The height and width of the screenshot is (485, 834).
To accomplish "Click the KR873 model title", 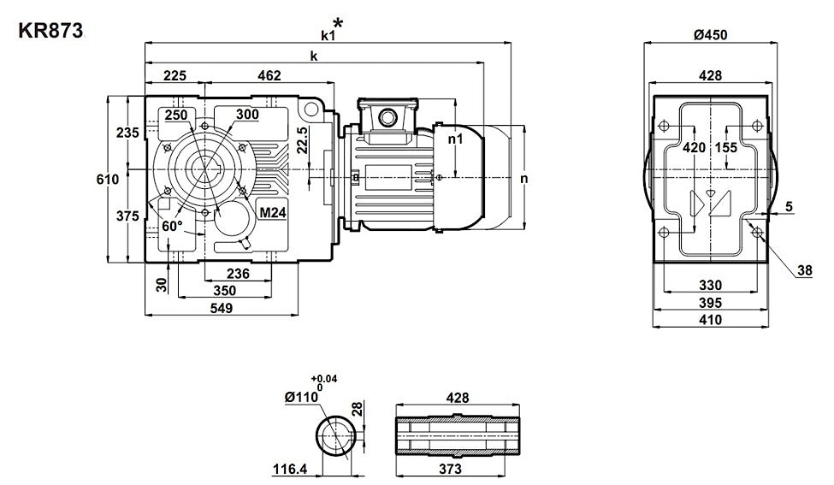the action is tap(50, 31).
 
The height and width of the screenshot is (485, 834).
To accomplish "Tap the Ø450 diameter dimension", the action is tap(711, 34).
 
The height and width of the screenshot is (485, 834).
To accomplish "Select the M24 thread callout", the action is tap(273, 213).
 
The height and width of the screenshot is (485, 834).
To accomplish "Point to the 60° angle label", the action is tap(172, 226).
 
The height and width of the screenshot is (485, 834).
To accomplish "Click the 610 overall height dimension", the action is tap(108, 180).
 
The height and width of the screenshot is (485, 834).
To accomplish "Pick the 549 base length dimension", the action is tap(222, 308).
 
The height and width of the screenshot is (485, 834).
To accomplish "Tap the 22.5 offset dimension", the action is tap(302, 140).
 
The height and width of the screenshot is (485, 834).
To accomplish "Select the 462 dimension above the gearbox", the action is tap(269, 75).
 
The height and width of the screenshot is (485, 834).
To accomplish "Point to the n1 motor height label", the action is tap(456, 139).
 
